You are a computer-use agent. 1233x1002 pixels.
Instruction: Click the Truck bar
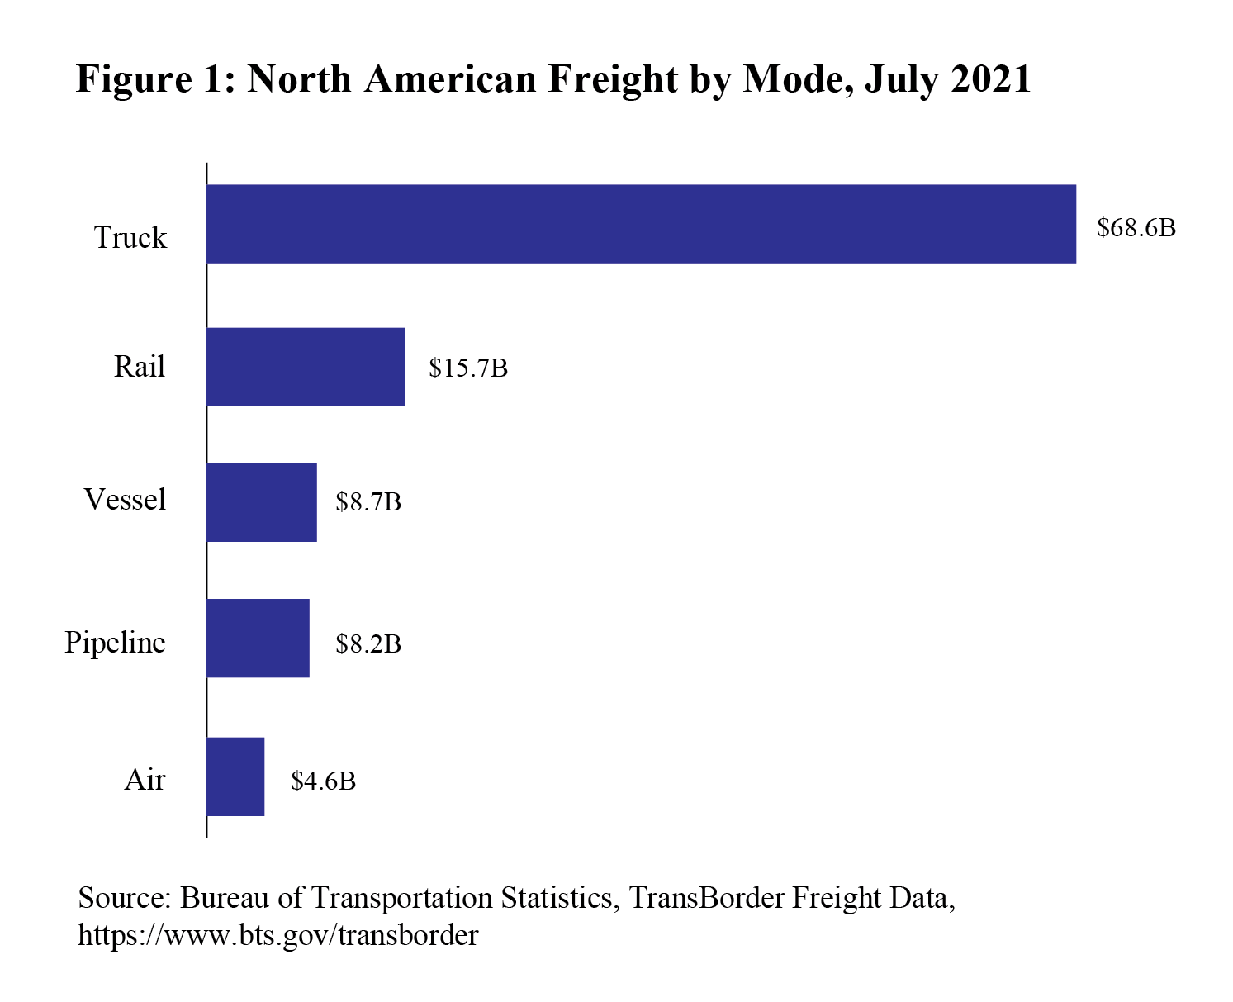click(x=641, y=224)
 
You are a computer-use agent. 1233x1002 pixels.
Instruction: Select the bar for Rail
click(x=306, y=367)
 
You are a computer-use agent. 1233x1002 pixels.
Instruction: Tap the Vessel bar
click(x=261, y=502)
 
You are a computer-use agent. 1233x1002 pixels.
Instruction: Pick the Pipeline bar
click(x=258, y=639)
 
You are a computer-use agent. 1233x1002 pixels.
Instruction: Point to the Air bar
click(x=235, y=776)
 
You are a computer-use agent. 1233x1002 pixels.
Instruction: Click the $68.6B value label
click(x=1136, y=228)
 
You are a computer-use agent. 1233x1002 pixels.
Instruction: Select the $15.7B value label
click(x=467, y=368)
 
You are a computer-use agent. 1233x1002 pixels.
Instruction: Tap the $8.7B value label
click(x=368, y=502)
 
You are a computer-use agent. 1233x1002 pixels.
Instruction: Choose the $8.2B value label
click(x=368, y=643)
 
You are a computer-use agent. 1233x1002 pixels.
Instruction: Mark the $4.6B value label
click(x=323, y=781)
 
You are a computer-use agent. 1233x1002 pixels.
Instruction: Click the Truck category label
click(x=130, y=238)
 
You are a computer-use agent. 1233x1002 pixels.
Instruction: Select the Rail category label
click(x=140, y=366)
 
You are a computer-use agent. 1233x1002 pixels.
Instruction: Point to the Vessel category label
click(x=125, y=500)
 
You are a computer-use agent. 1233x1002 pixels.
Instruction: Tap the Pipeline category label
click(x=115, y=643)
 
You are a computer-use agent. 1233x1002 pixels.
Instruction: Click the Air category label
click(x=145, y=780)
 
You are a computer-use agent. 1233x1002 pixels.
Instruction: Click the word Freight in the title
click(x=612, y=80)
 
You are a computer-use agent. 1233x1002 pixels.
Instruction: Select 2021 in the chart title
click(x=990, y=80)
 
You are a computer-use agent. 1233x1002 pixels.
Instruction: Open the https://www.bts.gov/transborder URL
click(x=277, y=935)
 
